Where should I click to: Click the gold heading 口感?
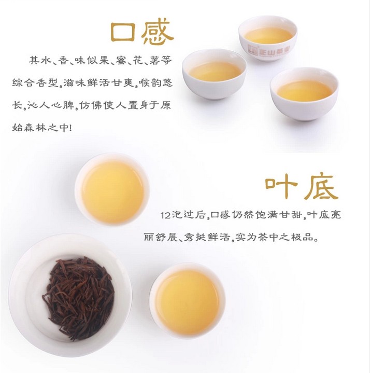tap(143, 32)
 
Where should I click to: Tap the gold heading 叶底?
tap(302, 187)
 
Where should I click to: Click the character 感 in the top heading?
tap(158, 32)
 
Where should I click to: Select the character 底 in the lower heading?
tap(321, 187)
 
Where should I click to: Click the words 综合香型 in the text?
tap(35, 83)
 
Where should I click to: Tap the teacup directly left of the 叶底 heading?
tap(112, 189)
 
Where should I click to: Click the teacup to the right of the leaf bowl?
tap(187, 301)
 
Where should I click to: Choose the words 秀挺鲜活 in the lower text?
tap(207, 237)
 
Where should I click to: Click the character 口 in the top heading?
tap(123, 32)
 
